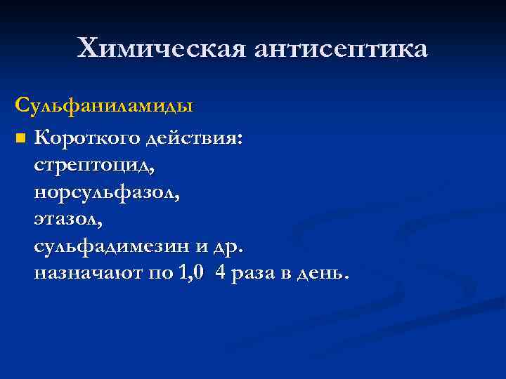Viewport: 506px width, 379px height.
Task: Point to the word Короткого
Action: click(x=86, y=138)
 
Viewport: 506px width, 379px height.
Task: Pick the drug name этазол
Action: click(x=67, y=220)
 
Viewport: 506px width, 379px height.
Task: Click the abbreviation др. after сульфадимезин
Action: click(x=229, y=248)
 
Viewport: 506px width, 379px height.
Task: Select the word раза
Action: click(x=254, y=274)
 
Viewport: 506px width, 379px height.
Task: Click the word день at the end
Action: click(x=320, y=274)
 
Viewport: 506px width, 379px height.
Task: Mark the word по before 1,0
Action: click(x=158, y=274)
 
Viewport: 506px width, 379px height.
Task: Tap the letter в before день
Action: click(x=285, y=274)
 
